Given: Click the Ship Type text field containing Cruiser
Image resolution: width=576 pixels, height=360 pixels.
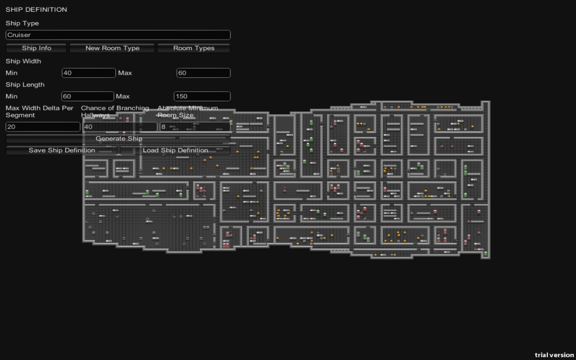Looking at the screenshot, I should click(x=118, y=35).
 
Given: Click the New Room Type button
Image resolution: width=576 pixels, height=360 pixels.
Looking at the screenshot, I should click(x=112, y=48).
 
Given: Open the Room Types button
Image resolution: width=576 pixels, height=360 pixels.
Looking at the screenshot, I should click(x=193, y=48).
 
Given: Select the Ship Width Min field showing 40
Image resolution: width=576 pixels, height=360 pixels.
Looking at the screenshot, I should click(x=89, y=73).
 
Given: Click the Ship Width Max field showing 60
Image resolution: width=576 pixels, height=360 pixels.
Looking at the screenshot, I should click(x=203, y=73).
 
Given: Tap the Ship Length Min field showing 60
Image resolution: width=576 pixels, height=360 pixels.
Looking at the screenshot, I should click(x=88, y=96).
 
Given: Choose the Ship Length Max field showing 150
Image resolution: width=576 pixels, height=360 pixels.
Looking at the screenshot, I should click(x=202, y=96).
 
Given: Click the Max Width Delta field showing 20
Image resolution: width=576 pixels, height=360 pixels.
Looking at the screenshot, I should click(x=43, y=127).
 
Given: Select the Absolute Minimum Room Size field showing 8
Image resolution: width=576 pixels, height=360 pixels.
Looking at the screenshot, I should click(x=195, y=127).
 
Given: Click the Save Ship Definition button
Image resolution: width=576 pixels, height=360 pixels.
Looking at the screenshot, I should click(x=62, y=150).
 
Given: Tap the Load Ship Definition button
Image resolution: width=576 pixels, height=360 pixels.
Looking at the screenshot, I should click(x=175, y=150).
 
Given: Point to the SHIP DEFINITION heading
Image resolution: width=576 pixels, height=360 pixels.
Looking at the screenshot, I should click(x=36, y=9).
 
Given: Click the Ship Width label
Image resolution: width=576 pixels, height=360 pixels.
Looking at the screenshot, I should click(x=23, y=61).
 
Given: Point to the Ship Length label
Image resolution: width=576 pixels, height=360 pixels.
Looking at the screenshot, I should click(x=25, y=85).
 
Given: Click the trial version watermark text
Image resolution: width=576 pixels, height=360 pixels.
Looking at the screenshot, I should click(x=554, y=355).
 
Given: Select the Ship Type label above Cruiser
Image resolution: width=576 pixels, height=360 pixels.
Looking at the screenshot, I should click(x=22, y=23).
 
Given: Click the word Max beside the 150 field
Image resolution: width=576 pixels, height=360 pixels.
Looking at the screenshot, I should click(x=123, y=96).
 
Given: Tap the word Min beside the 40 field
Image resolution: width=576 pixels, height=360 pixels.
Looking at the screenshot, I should click(x=12, y=73).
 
